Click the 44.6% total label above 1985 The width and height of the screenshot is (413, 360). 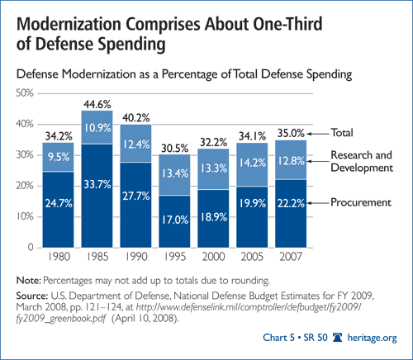click(97, 105)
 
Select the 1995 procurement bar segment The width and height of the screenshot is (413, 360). click(174, 221)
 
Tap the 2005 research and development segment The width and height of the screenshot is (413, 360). click(252, 164)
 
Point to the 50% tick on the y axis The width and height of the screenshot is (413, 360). click(25, 93)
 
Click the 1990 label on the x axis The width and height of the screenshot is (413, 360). click(136, 257)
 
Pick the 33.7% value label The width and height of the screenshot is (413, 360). click(97, 184)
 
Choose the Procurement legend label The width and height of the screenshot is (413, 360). click(361, 202)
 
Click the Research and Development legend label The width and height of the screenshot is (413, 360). click(362, 161)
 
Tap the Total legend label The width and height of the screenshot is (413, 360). click(342, 133)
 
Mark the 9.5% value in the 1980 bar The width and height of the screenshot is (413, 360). click(59, 157)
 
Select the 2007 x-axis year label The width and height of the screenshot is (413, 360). click(291, 257)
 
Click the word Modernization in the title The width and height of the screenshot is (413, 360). click(69, 24)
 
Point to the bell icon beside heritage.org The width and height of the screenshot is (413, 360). click(337, 338)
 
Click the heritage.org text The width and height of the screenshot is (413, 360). click(372, 338)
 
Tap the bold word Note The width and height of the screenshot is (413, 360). click(29, 281)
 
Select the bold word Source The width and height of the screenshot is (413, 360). click(32, 296)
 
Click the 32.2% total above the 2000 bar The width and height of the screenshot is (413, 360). click(213, 142)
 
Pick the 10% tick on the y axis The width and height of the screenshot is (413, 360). click(25, 216)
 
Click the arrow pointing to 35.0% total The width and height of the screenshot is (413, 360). click(318, 134)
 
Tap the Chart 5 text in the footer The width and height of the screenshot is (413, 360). click(278, 338)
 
